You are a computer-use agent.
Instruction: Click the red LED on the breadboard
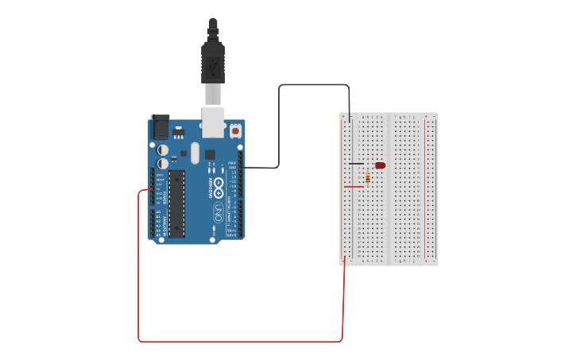click(381, 165)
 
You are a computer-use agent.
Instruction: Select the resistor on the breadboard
click(368, 179)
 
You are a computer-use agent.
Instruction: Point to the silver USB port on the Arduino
click(213, 119)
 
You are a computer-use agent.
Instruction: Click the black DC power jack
click(160, 126)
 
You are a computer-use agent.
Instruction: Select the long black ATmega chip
click(176, 203)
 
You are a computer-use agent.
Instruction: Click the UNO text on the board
click(218, 212)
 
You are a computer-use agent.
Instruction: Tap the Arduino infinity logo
click(218, 183)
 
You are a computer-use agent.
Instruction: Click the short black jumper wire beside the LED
click(356, 164)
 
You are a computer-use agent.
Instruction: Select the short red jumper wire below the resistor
click(353, 187)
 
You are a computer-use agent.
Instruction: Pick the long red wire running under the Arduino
click(238, 342)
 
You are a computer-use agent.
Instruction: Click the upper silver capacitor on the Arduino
click(163, 149)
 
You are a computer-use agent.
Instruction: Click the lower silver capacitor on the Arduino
click(163, 163)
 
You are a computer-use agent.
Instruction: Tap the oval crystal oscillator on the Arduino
click(195, 153)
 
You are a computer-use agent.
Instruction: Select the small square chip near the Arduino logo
click(210, 154)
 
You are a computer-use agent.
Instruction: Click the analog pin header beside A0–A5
click(152, 223)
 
